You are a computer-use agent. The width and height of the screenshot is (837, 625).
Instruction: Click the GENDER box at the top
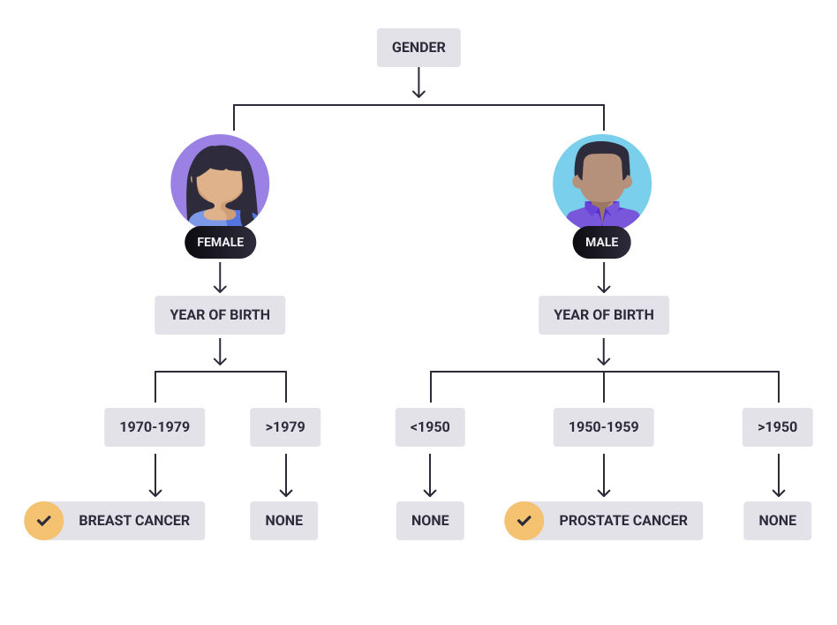tap(418, 48)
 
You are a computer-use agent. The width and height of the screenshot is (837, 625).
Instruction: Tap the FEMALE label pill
tap(221, 242)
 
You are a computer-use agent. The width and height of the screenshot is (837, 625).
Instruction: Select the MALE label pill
tap(601, 242)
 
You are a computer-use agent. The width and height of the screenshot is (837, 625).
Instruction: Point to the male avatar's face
tap(602, 178)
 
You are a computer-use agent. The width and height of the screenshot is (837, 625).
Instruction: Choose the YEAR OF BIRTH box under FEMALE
tap(220, 315)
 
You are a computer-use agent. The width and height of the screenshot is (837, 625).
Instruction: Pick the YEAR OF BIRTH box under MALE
tap(604, 315)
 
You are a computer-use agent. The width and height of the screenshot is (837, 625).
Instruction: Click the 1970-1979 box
tap(155, 427)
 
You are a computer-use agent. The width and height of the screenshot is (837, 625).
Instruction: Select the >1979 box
tap(285, 427)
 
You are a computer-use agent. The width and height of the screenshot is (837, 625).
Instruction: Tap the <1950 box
tap(430, 427)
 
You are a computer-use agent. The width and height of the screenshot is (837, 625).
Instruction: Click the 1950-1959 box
tap(604, 427)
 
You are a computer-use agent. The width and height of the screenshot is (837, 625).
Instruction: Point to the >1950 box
tap(777, 427)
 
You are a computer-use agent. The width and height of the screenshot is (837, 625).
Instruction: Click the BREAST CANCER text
tap(134, 520)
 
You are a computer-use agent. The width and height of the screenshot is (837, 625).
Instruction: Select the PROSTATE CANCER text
tap(623, 520)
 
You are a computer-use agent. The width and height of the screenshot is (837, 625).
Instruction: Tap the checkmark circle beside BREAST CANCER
tap(44, 520)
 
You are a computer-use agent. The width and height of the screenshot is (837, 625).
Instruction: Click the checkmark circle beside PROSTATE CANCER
tap(524, 520)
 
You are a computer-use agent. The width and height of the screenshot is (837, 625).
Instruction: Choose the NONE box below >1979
tap(284, 520)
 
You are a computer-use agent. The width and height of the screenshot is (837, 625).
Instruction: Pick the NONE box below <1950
tap(430, 520)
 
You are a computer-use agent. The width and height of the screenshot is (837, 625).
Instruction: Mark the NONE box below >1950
tap(777, 520)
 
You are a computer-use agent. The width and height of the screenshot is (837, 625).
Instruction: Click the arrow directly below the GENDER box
tap(419, 82)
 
